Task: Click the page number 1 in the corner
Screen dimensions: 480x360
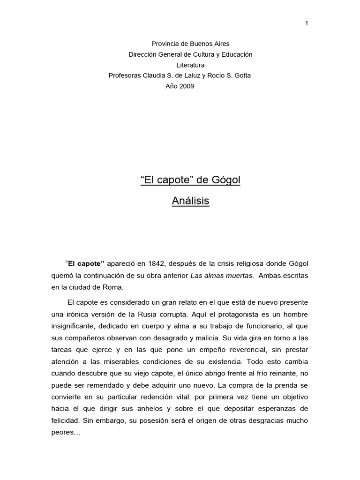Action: [x=307, y=23]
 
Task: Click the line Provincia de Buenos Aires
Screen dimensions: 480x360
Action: [x=190, y=44]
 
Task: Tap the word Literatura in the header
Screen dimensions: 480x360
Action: [x=190, y=65]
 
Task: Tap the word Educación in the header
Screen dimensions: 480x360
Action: [x=236, y=54]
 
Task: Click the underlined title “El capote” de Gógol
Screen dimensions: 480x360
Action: [x=190, y=180]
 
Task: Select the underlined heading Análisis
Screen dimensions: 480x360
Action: [x=190, y=201]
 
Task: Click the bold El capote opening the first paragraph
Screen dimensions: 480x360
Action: [x=87, y=263]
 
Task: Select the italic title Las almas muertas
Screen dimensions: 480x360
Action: [x=222, y=275]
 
